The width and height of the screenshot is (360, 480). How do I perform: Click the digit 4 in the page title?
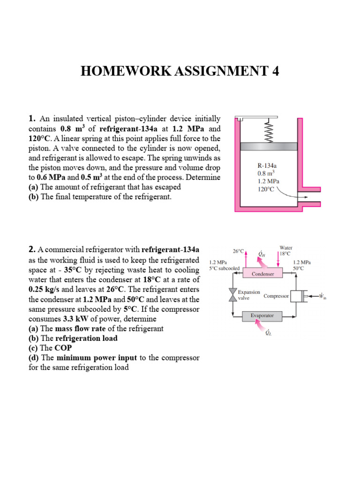coord(274,71)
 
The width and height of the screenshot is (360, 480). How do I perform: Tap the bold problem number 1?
coord(32,119)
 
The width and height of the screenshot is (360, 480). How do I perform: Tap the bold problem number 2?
coord(32,249)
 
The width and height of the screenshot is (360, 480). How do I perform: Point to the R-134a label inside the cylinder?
coord(266,165)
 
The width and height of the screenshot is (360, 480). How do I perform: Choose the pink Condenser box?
coord(263,273)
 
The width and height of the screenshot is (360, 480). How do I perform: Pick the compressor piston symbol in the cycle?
coord(297,296)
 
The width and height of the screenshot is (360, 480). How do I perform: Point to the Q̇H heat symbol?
coord(261,254)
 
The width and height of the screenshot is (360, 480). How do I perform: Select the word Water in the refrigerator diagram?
coord(286,247)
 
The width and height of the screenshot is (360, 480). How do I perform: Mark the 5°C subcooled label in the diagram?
coord(225,269)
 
